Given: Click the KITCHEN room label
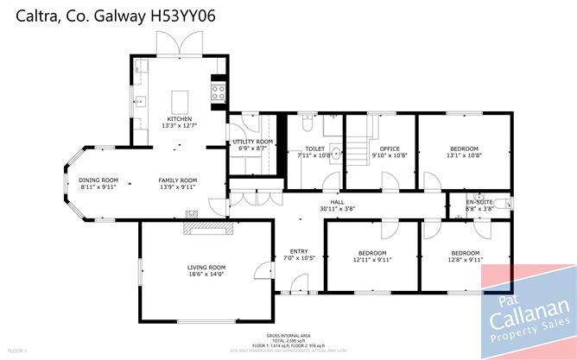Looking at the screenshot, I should [x=180, y=118].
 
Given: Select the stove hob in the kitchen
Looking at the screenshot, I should [x=219, y=91].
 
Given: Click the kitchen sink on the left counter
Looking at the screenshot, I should [x=138, y=98].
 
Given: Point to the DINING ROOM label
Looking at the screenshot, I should [x=98, y=180].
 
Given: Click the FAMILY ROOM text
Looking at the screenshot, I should [x=177, y=180].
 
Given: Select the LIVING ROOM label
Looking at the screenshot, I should [x=206, y=267].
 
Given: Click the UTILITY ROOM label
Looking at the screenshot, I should [x=252, y=141].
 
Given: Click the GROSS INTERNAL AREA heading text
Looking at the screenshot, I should [x=288, y=334].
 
